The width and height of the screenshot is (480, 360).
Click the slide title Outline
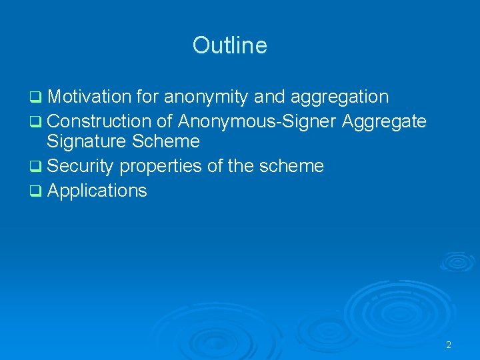point(229,45)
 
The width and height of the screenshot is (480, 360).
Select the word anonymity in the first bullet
point(207,97)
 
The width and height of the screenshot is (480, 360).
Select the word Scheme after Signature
point(169,141)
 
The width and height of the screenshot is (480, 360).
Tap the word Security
point(81,166)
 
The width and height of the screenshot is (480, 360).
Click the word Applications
point(97,191)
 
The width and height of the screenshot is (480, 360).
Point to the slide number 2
point(449,345)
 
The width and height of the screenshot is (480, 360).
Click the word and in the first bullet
point(269,97)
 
